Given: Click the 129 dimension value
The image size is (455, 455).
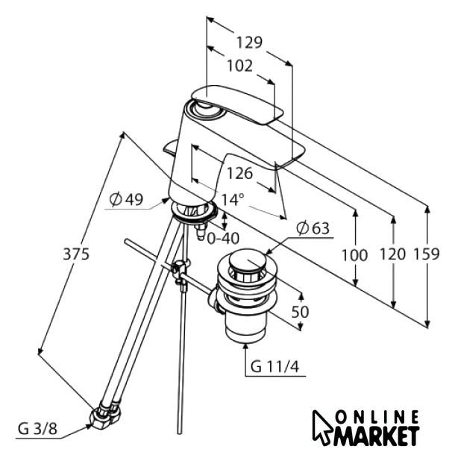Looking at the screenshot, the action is (x=249, y=43).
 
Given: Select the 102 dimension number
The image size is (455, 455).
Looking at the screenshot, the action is (x=239, y=66).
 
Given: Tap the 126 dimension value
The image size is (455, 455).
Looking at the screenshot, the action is (x=239, y=174).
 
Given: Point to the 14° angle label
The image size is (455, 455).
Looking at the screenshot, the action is (x=233, y=199).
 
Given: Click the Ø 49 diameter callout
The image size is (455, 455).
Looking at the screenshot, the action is (x=127, y=199).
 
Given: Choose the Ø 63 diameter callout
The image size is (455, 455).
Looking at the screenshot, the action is (x=313, y=228).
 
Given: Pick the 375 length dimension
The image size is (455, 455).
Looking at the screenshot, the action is (x=76, y=254).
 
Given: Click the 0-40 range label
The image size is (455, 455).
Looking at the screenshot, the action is (x=223, y=239).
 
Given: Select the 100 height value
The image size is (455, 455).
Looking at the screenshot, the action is (x=354, y=255).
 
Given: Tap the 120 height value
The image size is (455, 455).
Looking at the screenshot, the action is (x=392, y=254).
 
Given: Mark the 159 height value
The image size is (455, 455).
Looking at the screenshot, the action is (x=427, y=254).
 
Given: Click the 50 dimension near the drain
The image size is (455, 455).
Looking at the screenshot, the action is (x=300, y=312).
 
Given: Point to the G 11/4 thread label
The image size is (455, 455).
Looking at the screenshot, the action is (x=274, y=367).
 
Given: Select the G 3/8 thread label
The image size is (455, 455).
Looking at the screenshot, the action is (x=38, y=428).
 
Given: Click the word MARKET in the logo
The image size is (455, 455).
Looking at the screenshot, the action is (x=377, y=436).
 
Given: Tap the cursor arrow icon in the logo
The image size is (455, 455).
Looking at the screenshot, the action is (x=322, y=425).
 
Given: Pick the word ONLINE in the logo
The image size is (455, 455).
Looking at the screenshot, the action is (x=377, y=417).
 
